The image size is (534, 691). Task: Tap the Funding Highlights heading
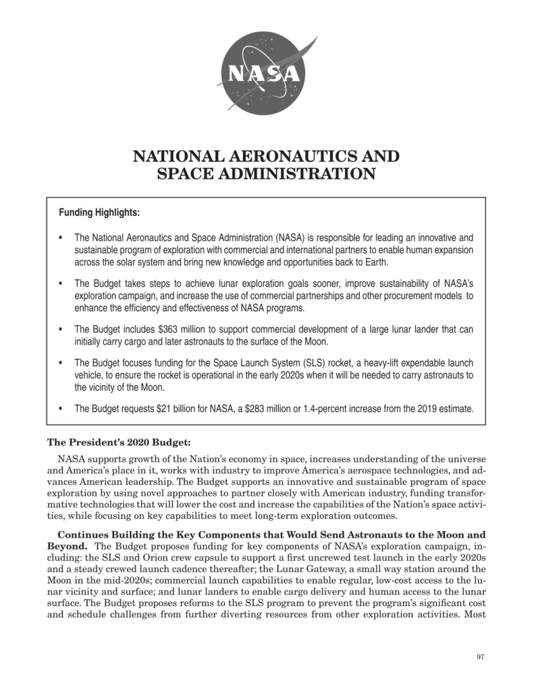99,213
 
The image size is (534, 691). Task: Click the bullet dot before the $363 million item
61,329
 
